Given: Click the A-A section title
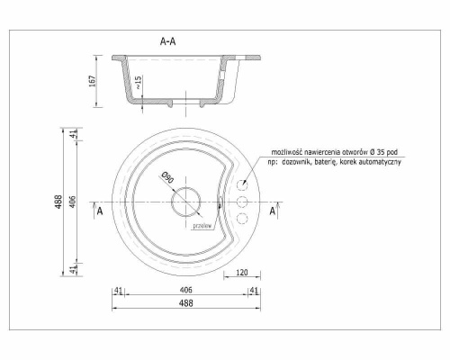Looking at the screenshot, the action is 167,41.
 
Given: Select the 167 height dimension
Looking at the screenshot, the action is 93,81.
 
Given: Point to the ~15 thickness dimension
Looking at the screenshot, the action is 138,82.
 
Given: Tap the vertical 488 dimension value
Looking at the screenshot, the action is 58,202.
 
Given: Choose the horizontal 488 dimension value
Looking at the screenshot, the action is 186,303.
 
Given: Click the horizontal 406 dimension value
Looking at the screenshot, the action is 186,290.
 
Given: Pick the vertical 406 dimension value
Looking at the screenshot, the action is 73,202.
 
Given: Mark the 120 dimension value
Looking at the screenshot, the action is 242,273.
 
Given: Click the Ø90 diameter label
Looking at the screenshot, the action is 167,177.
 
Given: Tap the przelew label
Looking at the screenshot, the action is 202,226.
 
